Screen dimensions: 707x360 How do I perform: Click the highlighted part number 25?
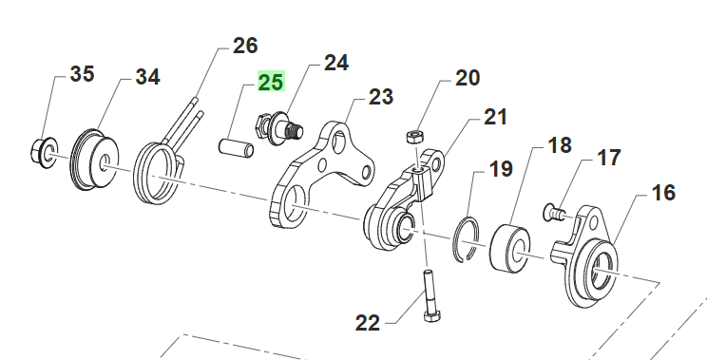[271, 82]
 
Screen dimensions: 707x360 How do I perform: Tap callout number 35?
[82, 74]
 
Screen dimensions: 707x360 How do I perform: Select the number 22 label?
[368, 323]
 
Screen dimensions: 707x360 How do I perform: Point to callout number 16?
[663, 193]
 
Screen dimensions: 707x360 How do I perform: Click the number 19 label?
[501, 169]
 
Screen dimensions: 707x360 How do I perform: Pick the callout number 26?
[245, 46]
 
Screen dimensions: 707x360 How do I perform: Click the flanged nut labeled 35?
[44, 151]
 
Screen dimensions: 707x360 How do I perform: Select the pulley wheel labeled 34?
[94, 160]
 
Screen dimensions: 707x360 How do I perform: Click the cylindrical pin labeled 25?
[236, 148]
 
